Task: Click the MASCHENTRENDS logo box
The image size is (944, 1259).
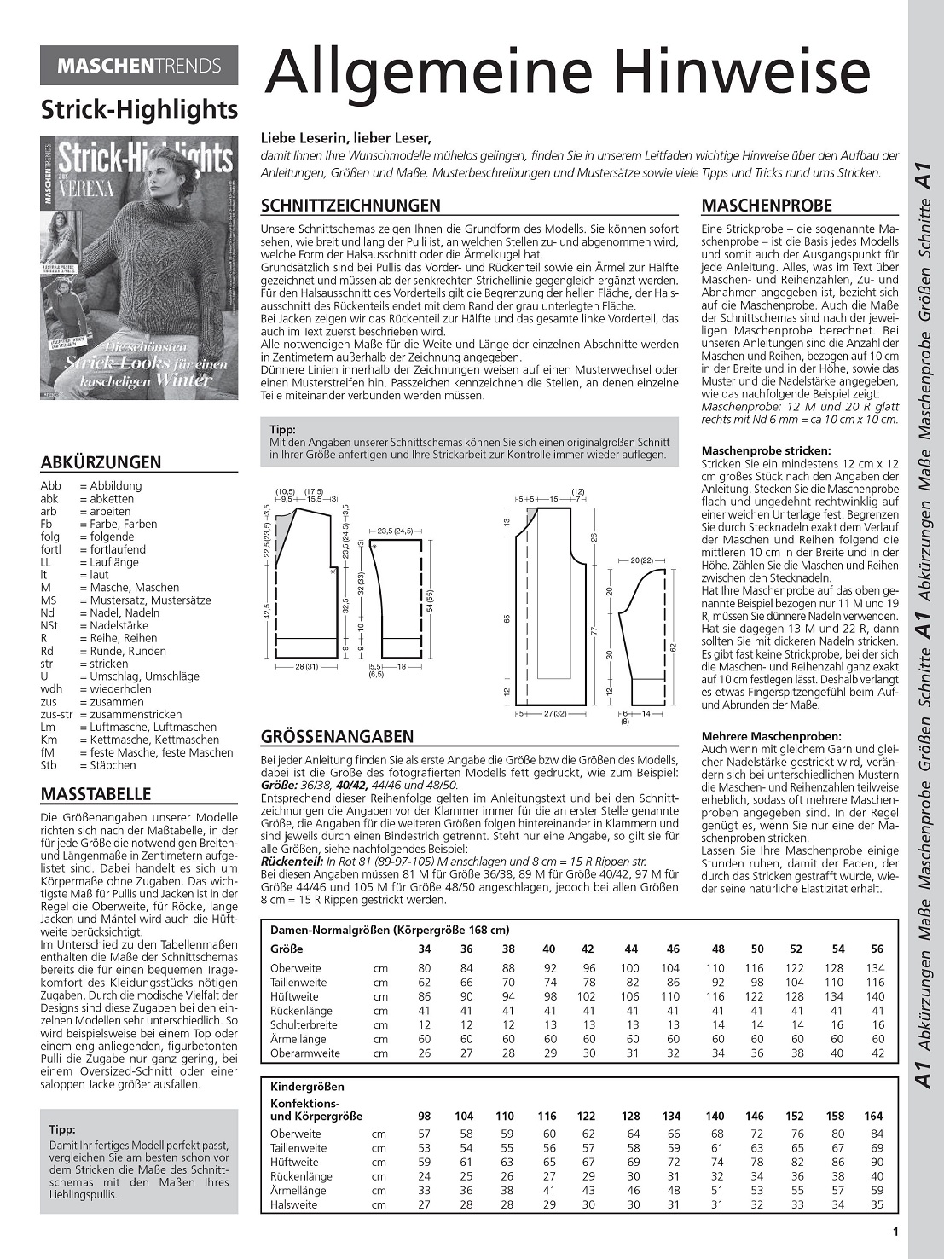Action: (139, 66)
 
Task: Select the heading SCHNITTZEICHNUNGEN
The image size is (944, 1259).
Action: (350, 206)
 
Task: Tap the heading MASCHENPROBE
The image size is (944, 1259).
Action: (766, 206)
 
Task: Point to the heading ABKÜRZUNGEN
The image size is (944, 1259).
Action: (101, 462)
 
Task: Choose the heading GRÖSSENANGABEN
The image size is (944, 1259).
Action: (337, 737)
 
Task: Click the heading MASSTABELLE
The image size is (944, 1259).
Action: (96, 794)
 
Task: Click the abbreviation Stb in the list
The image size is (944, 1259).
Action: (50, 765)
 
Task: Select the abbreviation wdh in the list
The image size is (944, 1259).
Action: (52, 689)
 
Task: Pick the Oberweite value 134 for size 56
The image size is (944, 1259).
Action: (875, 968)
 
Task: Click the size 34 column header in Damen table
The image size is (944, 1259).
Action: (424, 949)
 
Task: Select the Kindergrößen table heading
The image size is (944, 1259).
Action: (307, 1087)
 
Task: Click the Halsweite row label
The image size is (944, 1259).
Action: (293, 1204)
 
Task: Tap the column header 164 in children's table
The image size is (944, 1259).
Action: (873, 1116)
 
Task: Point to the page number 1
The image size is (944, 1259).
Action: (895, 1231)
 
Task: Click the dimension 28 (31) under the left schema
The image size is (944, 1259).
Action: (306, 667)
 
